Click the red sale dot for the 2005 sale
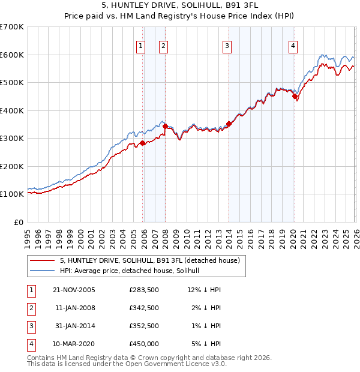pyautogui.click(x=143, y=143)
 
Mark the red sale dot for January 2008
pyautogui.click(x=165, y=126)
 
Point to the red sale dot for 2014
pyautogui.click(x=229, y=124)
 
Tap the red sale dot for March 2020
pyautogui.click(x=295, y=97)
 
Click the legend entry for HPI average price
pyautogui.click(x=133, y=271)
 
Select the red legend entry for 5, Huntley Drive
pyautogui.click(x=150, y=260)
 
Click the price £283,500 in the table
pyautogui.click(x=143, y=290)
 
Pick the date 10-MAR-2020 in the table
pyautogui.click(x=74, y=344)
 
